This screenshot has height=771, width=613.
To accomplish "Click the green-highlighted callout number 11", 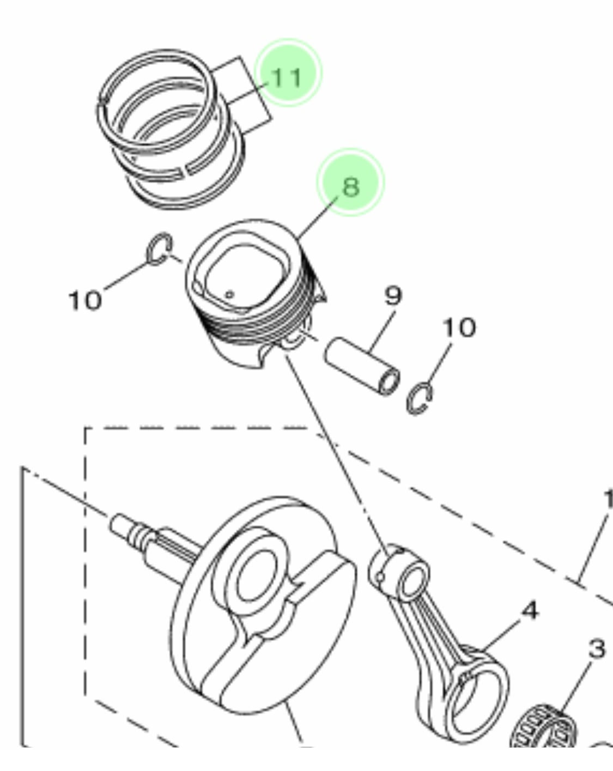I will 287,77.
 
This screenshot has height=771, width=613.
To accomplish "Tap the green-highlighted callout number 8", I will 351,185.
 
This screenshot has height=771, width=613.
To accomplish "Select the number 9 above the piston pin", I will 392,296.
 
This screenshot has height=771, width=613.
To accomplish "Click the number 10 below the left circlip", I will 85,300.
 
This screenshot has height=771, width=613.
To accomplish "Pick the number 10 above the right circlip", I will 458,327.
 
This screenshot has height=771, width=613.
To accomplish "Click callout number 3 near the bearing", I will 597,649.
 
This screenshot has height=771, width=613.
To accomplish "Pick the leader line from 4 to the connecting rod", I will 499,635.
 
